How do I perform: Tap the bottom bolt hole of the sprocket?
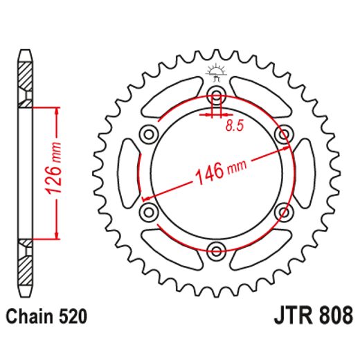pyautogui.click(x=216, y=249)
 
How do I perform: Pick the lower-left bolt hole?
pyautogui.click(x=148, y=210)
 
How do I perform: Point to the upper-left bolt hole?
pyautogui.click(x=148, y=134)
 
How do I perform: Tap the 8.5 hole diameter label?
pyautogui.click(x=235, y=125)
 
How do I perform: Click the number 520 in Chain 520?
pyautogui.click(x=73, y=318)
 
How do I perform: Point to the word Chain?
pyautogui.click(x=31, y=318)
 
